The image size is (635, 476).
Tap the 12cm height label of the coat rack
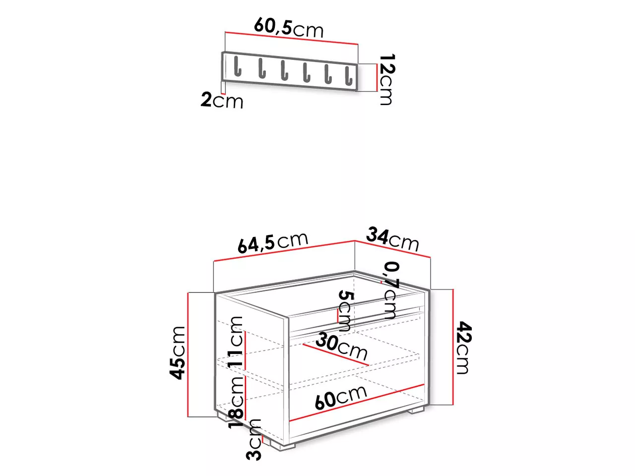pos(387,79)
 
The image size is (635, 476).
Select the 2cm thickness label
pos(222,100)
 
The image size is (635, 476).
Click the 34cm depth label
pos(392,239)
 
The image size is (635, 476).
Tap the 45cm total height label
pos(177,353)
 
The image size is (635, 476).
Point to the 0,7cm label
pos(391,290)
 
